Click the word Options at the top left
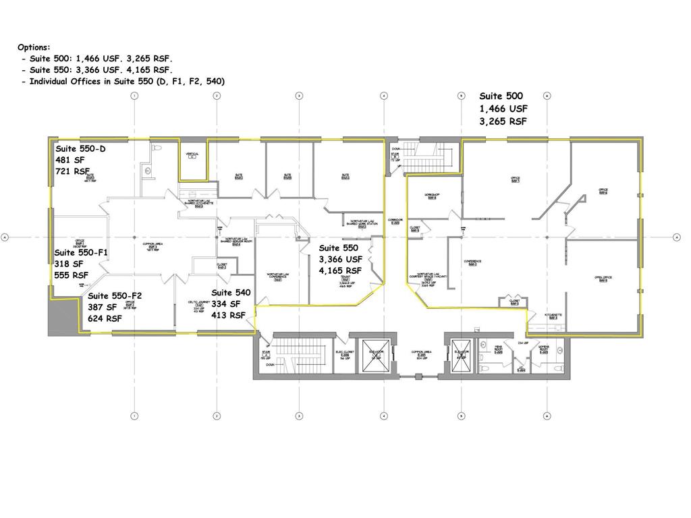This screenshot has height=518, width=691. tap(33, 47)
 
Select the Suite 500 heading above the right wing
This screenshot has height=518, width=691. tap(501, 96)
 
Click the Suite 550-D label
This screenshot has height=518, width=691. tap(80, 148)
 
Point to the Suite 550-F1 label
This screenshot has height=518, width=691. tap(81, 252)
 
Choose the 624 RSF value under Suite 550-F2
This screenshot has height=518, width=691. tap(105, 318)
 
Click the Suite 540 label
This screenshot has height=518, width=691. tap(231, 293)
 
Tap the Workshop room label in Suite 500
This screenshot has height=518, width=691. tap(432, 196)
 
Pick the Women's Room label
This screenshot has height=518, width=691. tap(544, 349)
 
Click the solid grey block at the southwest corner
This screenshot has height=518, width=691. tap(57, 317)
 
